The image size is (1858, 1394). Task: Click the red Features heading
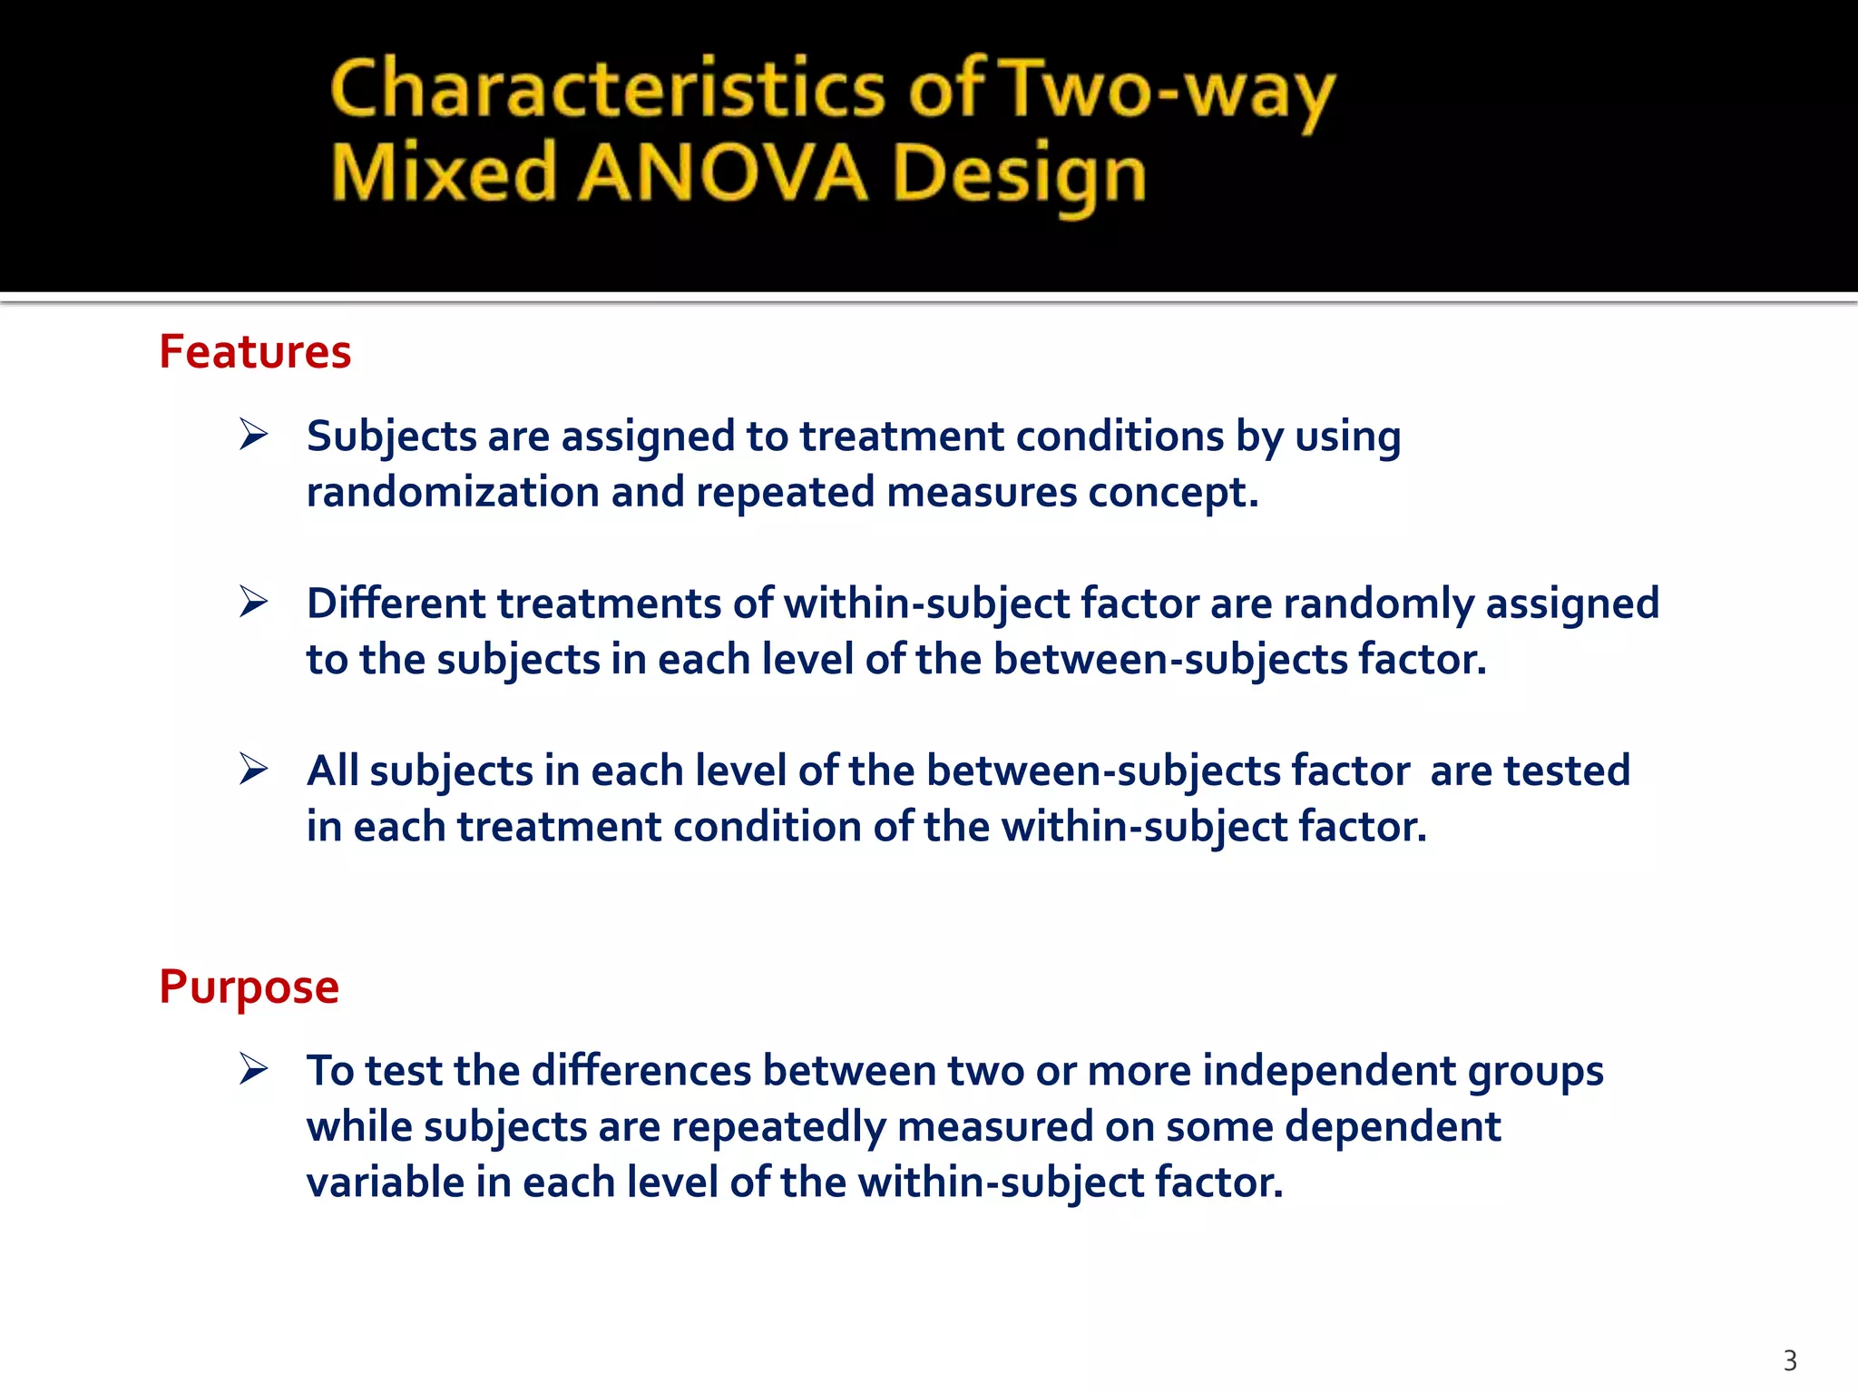point(255,352)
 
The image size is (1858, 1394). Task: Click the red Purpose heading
point(249,987)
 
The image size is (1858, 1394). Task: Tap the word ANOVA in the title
point(723,173)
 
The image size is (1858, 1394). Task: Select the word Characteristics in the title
point(607,89)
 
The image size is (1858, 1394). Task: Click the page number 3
point(1789,1360)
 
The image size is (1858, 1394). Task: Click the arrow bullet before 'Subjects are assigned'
point(254,435)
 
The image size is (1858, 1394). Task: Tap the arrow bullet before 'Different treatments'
point(254,602)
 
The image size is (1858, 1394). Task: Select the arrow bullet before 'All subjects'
point(254,769)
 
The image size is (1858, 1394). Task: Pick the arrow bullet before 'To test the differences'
point(254,1069)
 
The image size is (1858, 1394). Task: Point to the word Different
point(396,604)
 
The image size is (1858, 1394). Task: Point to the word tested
point(1567,771)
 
